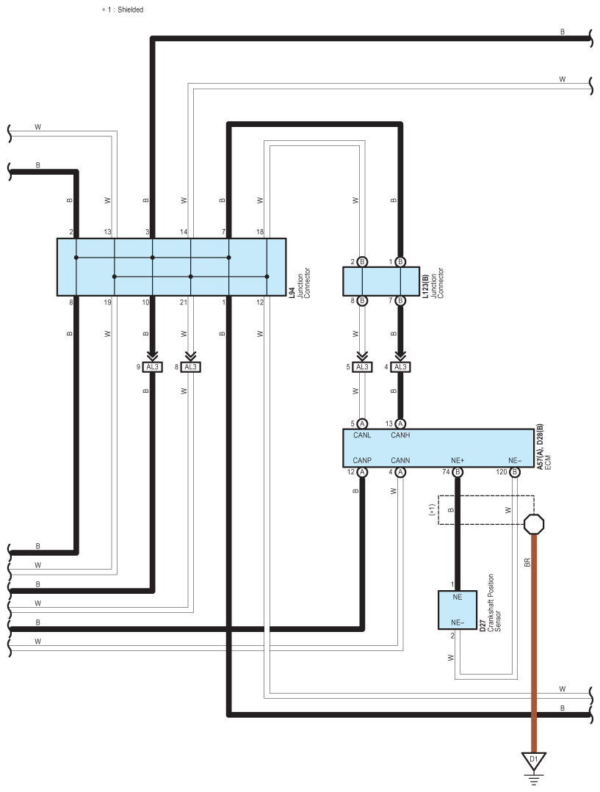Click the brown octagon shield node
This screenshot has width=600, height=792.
tap(534, 524)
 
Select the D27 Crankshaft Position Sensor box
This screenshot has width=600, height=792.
tap(457, 610)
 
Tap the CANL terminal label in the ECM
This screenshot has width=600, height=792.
tap(362, 435)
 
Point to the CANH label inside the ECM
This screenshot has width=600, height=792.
tap(400, 435)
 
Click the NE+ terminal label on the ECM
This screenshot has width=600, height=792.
tap(458, 460)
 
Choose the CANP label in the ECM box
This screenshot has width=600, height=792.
tap(362, 460)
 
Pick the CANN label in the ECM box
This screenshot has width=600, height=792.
tap(400, 460)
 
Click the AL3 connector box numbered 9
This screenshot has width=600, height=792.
tap(152, 367)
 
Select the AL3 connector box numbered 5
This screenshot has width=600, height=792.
tap(362, 367)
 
